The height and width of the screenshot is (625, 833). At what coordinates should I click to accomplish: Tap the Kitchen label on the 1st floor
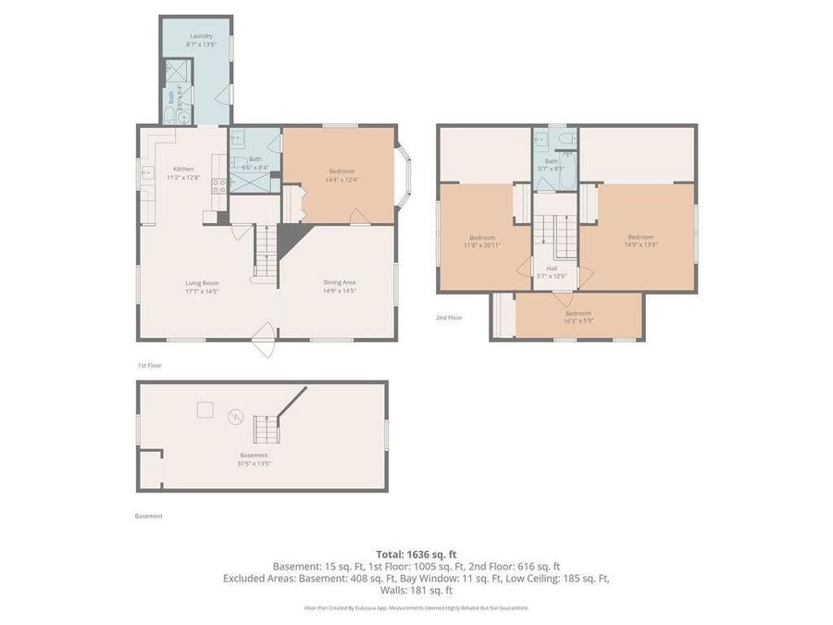(183, 172)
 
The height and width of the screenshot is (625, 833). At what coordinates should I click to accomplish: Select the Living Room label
(201, 287)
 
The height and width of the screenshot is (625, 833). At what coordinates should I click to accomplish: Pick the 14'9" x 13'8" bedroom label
(640, 241)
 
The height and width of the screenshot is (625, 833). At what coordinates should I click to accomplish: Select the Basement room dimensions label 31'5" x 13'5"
(254, 459)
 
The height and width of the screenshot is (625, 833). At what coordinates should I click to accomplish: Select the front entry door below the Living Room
(263, 340)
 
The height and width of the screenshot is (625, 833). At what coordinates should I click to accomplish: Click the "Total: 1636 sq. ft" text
(416, 554)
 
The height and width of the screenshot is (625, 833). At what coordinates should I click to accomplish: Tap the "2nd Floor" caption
(449, 318)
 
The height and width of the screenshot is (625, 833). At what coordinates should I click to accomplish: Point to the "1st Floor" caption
(149, 366)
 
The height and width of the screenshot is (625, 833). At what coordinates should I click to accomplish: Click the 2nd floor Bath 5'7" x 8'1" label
(551, 165)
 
